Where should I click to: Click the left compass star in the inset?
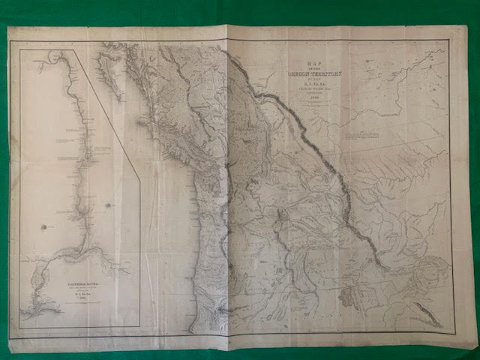(43, 226)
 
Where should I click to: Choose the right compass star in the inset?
(110, 205)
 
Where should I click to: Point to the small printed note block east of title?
(365, 139)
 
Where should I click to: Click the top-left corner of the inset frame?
(20, 50)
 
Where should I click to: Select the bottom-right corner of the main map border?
(454, 332)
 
